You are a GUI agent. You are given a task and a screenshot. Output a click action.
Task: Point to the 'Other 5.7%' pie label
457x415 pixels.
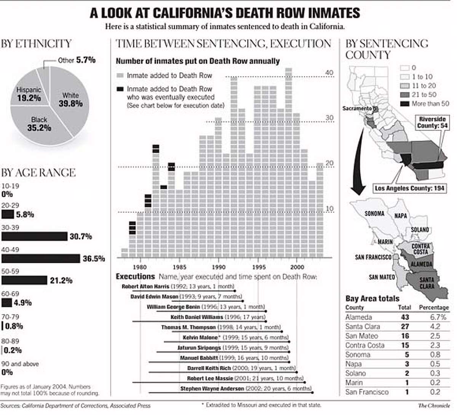tap(77, 60)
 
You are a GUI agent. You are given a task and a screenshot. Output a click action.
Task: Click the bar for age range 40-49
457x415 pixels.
tap(41, 259)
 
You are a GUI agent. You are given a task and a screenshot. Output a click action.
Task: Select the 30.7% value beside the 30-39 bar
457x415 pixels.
tap(81, 236)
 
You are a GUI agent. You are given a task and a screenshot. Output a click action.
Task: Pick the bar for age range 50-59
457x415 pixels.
tap(25, 281)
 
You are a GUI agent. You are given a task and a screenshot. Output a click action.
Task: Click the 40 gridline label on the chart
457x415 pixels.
tap(329, 73)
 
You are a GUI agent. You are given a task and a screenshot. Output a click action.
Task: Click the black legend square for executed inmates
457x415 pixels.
tap(120, 89)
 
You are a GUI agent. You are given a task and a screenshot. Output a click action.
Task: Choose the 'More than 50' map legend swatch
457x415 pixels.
tap(404, 104)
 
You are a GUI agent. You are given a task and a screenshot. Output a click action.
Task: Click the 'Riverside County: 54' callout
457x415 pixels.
tap(432, 123)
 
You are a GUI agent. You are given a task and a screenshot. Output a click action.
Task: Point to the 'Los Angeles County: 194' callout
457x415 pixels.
tap(410, 188)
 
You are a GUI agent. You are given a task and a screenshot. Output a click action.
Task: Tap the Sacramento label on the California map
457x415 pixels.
tap(356, 109)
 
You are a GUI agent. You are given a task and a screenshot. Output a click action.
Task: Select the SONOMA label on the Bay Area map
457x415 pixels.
tap(374, 214)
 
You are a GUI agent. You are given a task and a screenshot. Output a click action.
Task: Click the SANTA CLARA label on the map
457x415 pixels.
tap(427, 283)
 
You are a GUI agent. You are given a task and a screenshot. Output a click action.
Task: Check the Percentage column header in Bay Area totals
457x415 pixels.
tap(434, 307)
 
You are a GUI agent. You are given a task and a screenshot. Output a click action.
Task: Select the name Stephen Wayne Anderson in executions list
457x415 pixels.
tap(212, 389)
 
